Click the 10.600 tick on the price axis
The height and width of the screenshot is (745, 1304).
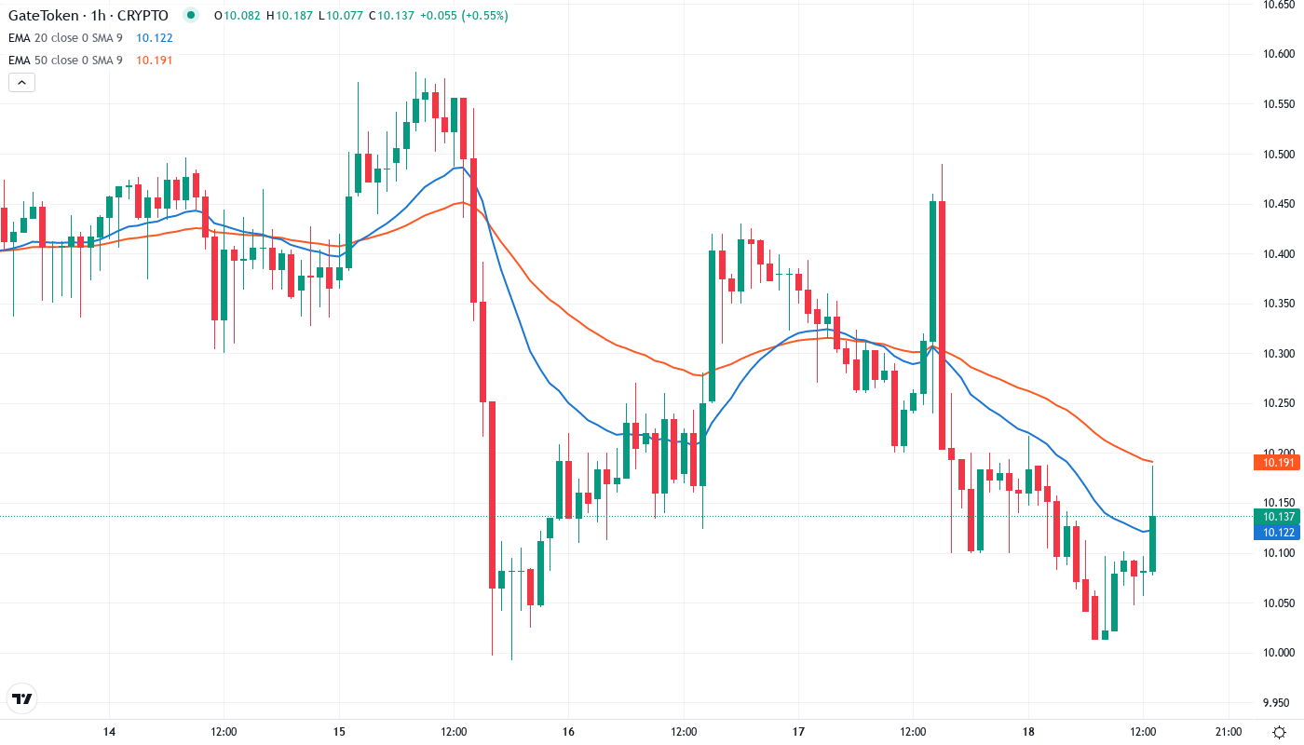point(1277,54)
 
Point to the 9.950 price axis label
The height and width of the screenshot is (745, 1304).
point(1277,702)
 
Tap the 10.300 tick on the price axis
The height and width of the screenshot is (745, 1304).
point(1277,354)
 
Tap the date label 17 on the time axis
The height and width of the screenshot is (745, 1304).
point(798,732)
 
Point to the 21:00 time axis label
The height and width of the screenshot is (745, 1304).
point(1229,732)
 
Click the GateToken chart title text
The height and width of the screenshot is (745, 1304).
point(88,16)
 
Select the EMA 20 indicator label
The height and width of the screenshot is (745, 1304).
point(64,38)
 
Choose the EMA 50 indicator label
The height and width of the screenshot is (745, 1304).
point(64,61)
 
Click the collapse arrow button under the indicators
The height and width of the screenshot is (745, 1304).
point(21,83)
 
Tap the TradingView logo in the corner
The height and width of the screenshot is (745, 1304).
point(22,698)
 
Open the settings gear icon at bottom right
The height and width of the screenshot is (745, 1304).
point(1281,731)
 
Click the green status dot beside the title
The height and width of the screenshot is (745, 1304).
point(191,15)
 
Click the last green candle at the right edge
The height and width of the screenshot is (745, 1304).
point(1152,543)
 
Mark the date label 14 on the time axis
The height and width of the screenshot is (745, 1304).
point(109,732)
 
